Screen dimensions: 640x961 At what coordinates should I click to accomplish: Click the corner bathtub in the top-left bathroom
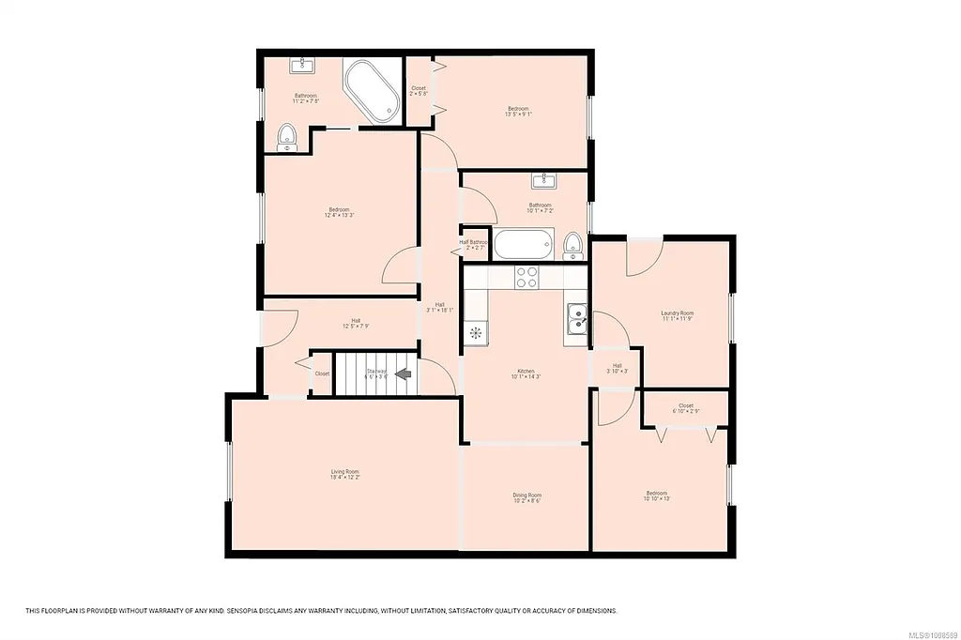(372, 91)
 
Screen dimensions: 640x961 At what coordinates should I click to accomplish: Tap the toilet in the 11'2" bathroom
(287, 137)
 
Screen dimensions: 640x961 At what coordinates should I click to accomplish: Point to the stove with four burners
(526, 277)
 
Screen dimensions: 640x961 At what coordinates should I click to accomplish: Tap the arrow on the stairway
(404, 373)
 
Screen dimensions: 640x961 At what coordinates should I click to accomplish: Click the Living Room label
(344, 475)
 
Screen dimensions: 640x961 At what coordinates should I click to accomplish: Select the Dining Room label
(526, 497)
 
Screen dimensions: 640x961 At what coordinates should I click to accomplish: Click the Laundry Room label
(677, 316)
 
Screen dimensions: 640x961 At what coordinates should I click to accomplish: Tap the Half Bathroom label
(474, 245)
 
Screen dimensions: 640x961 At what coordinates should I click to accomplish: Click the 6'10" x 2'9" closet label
(686, 409)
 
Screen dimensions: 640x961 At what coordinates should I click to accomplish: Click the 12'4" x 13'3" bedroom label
(339, 212)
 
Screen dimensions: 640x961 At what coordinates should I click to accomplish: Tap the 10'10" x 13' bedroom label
(656, 495)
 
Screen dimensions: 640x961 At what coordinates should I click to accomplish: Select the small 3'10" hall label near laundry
(618, 369)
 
